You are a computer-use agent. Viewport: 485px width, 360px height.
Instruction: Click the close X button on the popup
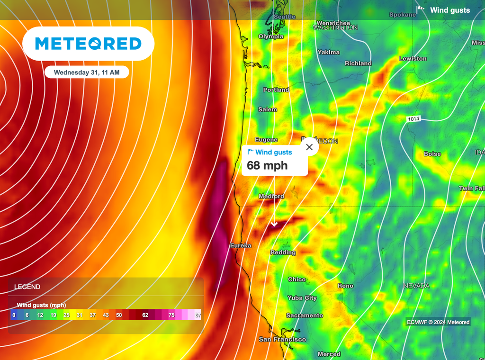click(309, 147)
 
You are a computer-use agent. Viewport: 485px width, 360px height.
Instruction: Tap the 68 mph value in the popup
click(267, 165)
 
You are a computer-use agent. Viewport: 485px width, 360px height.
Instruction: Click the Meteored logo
click(89, 44)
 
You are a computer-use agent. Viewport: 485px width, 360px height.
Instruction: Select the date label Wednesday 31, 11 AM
click(87, 72)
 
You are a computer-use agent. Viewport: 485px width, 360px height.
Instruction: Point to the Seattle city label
click(285, 17)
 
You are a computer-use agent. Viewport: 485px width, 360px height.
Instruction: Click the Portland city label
click(276, 90)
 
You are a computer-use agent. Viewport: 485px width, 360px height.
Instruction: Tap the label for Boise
click(432, 154)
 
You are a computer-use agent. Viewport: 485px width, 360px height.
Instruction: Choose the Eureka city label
click(241, 245)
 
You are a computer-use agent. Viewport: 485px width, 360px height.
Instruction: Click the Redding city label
click(283, 252)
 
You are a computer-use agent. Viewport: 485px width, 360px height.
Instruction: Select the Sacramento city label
click(305, 315)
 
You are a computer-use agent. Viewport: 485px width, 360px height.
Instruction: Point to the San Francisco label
click(282, 339)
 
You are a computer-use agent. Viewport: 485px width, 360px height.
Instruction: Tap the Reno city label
click(345, 286)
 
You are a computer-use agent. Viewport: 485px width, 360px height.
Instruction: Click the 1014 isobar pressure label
click(413, 119)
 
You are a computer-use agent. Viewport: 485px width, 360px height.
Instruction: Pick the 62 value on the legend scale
click(145, 315)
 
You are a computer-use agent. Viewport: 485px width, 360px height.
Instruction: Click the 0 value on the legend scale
click(14, 315)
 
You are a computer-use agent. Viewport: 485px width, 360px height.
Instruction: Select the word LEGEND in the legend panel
click(27, 287)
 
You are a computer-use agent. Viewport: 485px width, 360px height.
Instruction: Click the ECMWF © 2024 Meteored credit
click(439, 322)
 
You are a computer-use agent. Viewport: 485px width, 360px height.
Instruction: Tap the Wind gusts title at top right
click(449, 10)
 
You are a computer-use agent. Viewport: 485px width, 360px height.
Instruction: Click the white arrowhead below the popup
click(274, 224)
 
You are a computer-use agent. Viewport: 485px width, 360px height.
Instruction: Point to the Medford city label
click(271, 196)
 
